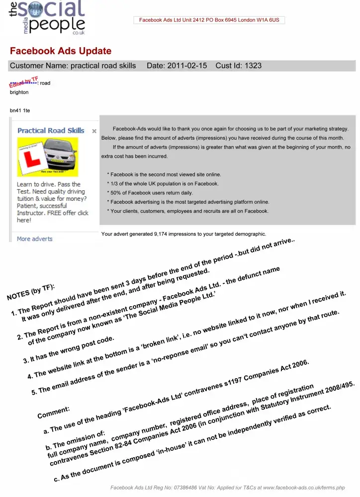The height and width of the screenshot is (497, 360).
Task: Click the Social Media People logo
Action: pos(47,17)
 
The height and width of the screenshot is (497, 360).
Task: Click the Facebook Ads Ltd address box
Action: pos(209,20)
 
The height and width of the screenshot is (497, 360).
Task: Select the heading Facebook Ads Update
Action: pos(61,51)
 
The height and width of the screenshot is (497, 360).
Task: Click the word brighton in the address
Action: pos(19,92)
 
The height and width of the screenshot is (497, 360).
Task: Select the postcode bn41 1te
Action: pos(20,110)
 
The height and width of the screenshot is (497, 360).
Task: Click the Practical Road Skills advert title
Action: pos(51,131)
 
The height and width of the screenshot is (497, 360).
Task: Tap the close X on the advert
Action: pos(94,131)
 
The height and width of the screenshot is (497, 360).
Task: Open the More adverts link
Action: pos(34,239)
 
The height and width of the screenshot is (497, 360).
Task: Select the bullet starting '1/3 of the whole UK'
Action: pos(163,184)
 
